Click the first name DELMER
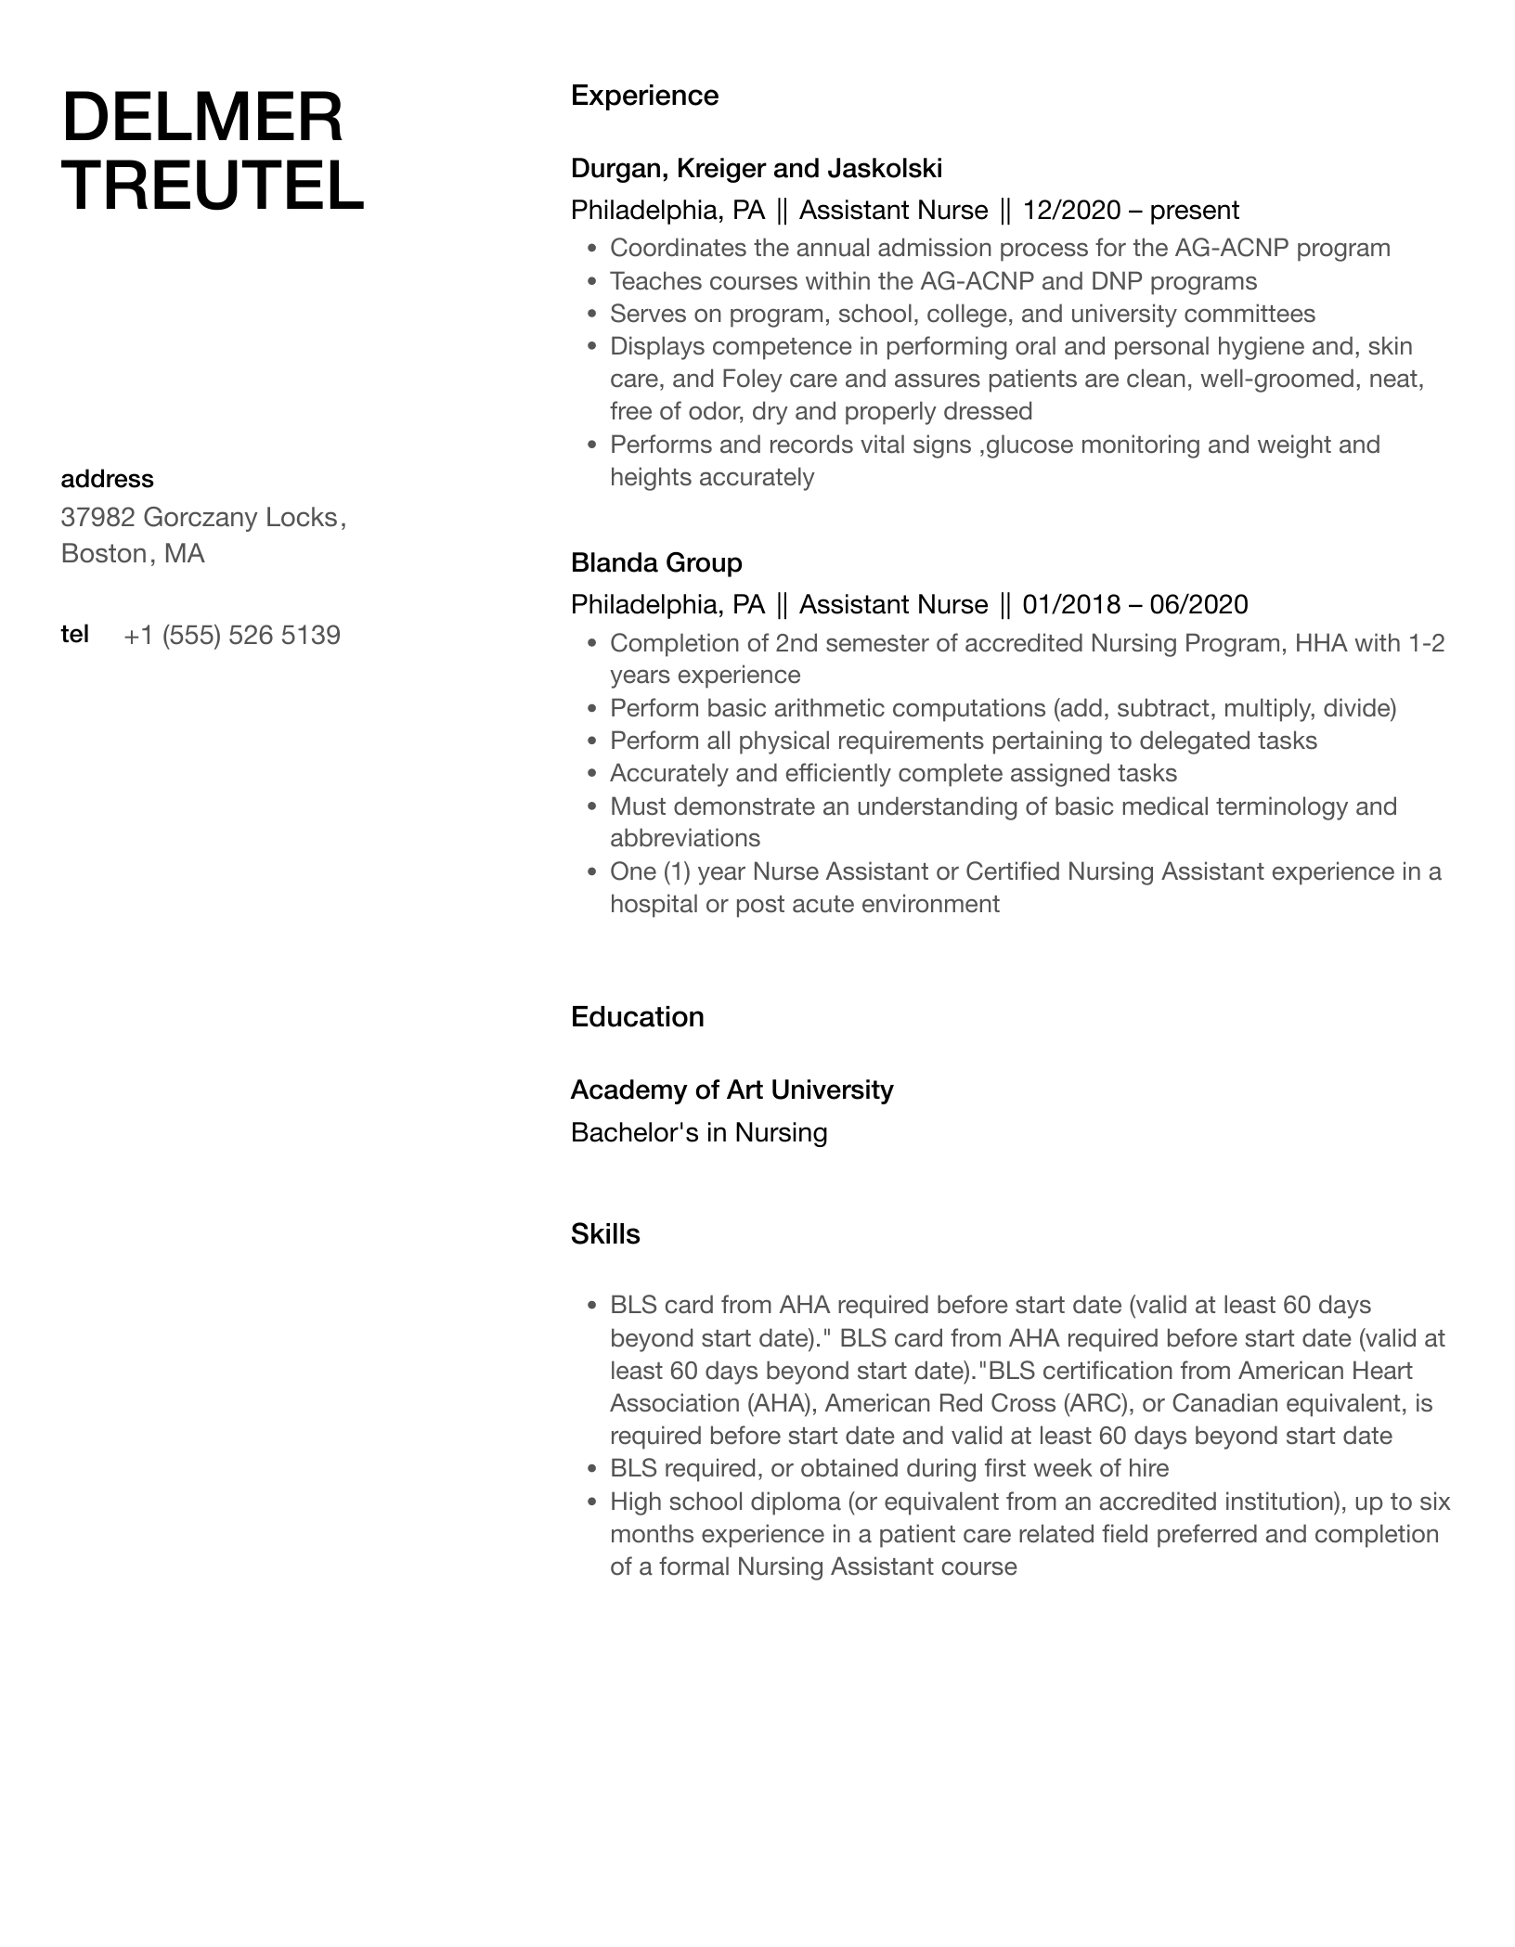point(201,118)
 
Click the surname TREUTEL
point(213,185)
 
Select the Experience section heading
point(644,96)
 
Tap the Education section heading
point(637,1017)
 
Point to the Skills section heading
point(605,1234)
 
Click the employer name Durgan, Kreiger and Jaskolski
point(756,168)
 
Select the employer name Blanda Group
point(656,562)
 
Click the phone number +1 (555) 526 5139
point(232,636)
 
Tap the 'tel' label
point(75,634)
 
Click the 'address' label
point(107,479)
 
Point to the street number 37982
point(97,517)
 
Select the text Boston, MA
point(133,554)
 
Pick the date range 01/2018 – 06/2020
point(1134,605)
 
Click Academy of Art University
point(732,1090)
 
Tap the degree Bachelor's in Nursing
point(698,1133)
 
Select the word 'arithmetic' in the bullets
point(826,709)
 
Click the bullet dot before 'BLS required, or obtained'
point(592,1469)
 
